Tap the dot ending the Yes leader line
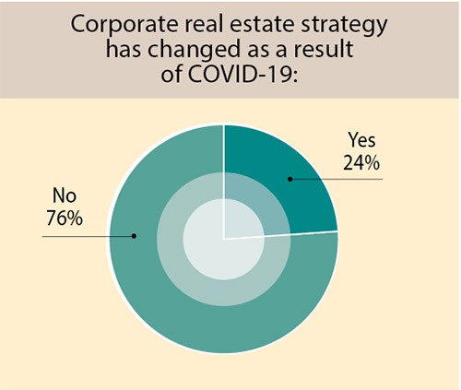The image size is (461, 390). click(290, 179)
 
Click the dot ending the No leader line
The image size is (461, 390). click(135, 236)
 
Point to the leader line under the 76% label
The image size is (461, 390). click(88, 236)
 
